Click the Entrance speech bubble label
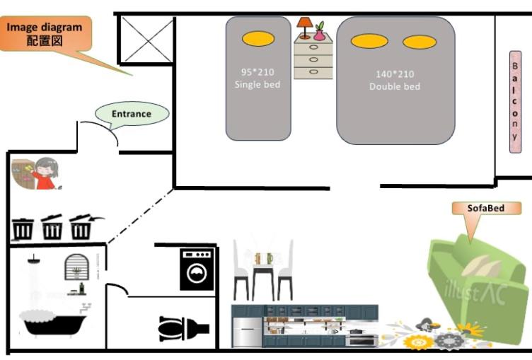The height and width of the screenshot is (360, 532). click(132, 113)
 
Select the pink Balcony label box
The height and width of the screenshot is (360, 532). click(514, 101)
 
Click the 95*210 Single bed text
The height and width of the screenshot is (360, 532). click(258, 78)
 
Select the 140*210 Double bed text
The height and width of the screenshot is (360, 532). click(395, 80)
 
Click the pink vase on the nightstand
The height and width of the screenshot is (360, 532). click(319, 32)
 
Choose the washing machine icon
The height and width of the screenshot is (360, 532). click(196, 269)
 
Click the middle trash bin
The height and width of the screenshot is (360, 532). click(52, 228)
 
